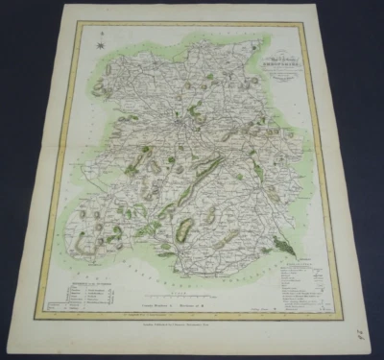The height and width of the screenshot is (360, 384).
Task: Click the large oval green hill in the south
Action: click(x=184, y=228)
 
